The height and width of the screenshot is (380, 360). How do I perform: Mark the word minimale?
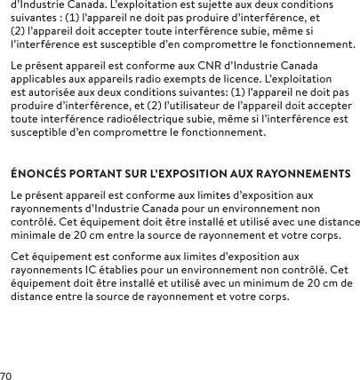tap(39, 237)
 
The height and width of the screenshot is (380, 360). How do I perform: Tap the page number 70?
tap(8, 374)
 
